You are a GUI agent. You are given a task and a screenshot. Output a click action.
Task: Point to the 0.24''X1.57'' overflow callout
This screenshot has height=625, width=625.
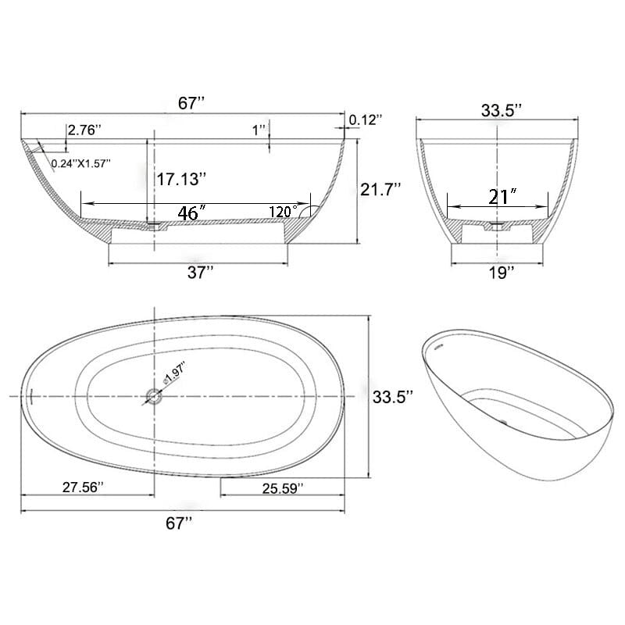tap(81, 163)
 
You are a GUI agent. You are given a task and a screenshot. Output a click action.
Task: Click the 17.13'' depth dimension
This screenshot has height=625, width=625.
tap(181, 179)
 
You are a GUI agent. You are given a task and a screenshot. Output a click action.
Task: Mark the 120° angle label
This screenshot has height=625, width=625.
tap(284, 211)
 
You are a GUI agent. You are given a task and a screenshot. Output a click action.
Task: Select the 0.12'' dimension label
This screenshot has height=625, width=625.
tap(366, 120)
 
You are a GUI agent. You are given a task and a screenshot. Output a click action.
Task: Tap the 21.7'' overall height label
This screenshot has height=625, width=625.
tap(380, 188)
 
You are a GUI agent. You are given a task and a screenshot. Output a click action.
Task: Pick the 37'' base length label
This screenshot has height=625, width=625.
tap(201, 273)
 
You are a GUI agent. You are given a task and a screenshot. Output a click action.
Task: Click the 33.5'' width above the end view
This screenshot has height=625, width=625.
tap(501, 110)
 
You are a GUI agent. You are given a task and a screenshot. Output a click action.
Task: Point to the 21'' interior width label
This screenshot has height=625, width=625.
tap(499, 198)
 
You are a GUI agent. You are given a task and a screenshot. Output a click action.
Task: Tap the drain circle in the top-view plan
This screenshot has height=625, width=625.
tap(154, 397)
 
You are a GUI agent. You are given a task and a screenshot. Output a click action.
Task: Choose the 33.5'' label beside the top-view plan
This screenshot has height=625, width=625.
tap(393, 397)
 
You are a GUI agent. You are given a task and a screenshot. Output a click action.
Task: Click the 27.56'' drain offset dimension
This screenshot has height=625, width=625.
tap(83, 486)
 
